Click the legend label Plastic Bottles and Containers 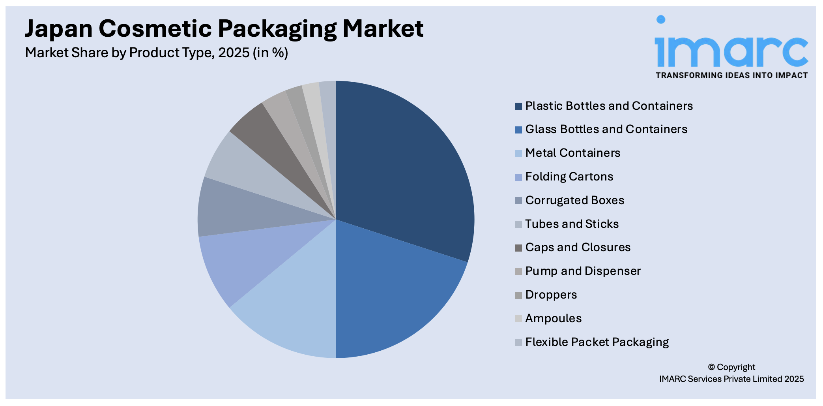pyautogui.click(x=609, y=106)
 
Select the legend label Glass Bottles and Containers pyautogui.click(x=606, y=129)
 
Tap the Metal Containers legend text pyautogui.click(x=572, y=153)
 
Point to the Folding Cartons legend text pyautogui.click(x=569, y=177)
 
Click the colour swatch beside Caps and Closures pyautogui.click(x=518, y=248)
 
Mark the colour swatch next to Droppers pyautogui.click(x=518, y=295)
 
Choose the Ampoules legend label pyautogui.click(x=553, y=318)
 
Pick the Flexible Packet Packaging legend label pyautogui.click(x=597, y=342)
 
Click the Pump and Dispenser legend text pyautogui.click(x=583, y=271)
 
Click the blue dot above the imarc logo pyautogui.click(x=661, y=19)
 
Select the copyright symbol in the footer pyautogui.click(x=711, y=367)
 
